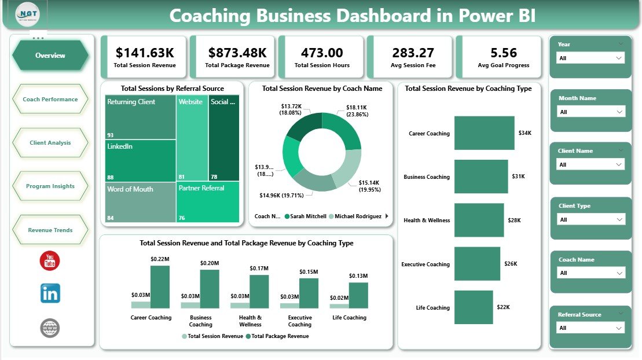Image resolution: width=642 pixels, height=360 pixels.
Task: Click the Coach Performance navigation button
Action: click(x=50, y=100)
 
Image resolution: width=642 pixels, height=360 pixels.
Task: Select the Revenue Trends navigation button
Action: click(x=50, y=230)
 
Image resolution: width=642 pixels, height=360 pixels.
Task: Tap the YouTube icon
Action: click(x=50, y=261)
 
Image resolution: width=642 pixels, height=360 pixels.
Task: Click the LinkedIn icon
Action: click(x=50, y=293)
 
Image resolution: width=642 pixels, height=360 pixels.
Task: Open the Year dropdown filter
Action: click(x=590, y=58)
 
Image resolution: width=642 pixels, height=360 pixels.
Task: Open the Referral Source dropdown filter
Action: click(x=590, y=328)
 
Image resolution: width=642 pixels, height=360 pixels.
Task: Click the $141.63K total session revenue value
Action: click(x=145, y=53)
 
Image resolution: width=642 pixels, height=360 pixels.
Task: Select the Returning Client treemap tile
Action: click(x=141, y=117)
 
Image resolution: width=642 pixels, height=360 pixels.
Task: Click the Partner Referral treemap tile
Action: click(x=208, y=203)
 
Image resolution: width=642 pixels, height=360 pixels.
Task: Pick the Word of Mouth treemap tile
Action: click(x=140, y=203)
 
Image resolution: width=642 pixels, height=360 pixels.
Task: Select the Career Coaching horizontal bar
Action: click(x=484, y=133)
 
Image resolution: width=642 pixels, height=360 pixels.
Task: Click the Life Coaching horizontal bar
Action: click(x=473, y=307)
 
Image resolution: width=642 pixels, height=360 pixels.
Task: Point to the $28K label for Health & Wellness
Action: click(x=515, y=221)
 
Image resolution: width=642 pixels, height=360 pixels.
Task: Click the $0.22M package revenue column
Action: click(x=160, y=286)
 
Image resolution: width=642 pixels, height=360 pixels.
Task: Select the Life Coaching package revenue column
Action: click(x=358, y=295)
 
